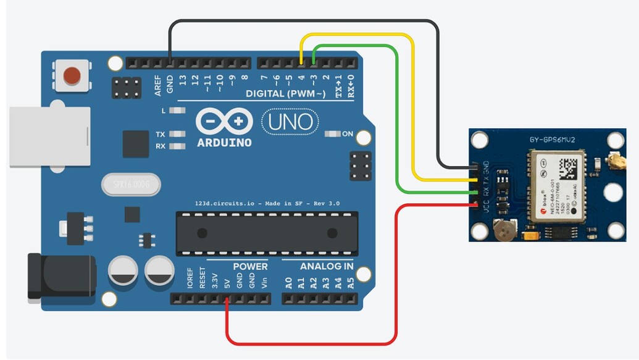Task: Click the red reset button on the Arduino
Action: pos(72,76)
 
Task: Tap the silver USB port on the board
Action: pos(49,137)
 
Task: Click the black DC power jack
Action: pos(61,277)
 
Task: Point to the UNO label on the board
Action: pos(291,122)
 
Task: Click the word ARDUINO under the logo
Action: pos(224,143)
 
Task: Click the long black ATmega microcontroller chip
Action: pos(267,233)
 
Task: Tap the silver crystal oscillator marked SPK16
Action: pos(131,185)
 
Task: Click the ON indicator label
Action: pos(348,134)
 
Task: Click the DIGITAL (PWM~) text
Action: pos(285,94)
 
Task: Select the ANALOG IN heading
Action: pos(327,267)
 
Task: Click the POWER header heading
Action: pos(250,267)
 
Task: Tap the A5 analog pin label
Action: pos(351,284)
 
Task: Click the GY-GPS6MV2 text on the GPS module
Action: pos(552,140)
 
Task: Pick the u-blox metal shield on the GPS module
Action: pos(554,186)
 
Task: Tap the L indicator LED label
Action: pos(163,111)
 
